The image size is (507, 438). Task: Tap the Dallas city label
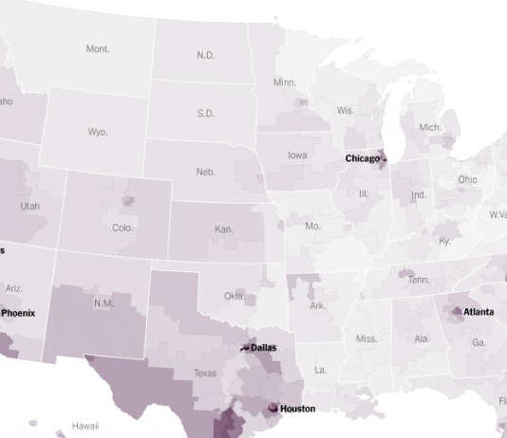pos(263,348)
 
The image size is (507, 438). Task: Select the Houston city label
pos(297,409)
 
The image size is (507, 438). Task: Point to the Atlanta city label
pos(478,312)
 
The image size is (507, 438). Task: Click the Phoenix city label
pos(19,312)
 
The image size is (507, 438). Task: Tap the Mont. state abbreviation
pos(98,48)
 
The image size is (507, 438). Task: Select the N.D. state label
pos(206,55)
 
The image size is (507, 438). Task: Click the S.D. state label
pos(205,113)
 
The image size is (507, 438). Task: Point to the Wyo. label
pos(98,132)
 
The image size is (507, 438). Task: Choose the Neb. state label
pos(205,172)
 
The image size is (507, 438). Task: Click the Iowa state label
pos(297,155)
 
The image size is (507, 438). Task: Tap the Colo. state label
pos(122,228)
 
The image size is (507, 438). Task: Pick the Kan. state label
pos(223,229)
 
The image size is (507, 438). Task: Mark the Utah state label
pos(29,206)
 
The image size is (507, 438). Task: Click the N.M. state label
pos(103,303)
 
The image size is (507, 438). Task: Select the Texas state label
pos(204,374)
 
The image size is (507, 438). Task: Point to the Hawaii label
pos(85,427)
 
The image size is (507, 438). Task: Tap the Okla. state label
pos(235,296)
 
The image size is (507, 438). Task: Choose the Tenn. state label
pos(419,280)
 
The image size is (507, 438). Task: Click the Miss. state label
pos(366,338)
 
